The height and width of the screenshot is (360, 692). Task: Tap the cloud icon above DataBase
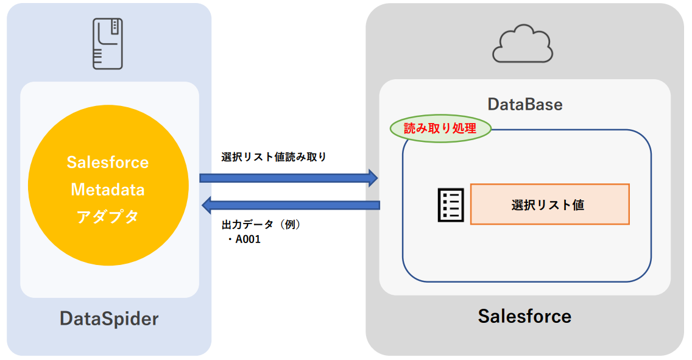pyautogui.click(x=523, y=44)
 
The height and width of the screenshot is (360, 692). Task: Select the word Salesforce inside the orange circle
pyautogui.click(x=108, y=163)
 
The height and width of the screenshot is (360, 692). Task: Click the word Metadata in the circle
pyautogui.click(x=108, y=190)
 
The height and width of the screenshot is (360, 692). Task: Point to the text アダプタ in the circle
pyautogui.click(x=108, y=217)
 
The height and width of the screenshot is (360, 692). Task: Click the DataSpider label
pyautogui.click(x=109, y=318)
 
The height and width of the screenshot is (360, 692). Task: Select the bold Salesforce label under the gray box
pyautogui.click(x=524, y=316)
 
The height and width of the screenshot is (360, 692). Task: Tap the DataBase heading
pyautogui.click(x=524, y=104)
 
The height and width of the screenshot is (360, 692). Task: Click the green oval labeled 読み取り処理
pyautogui.click(x=440, y=129)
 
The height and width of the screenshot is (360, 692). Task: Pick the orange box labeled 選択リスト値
pyautogui.click(x=549, y=205)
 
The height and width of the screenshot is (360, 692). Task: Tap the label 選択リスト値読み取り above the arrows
pyautogui.click(x=274, y=157)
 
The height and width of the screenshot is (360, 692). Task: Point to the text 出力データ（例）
pyautogui.click(x=261, y=224)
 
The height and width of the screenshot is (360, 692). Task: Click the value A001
pyautogui.click(x=248, y=239)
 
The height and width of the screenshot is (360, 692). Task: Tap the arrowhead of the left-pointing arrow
pyautogui.click(x=207, y=205)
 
